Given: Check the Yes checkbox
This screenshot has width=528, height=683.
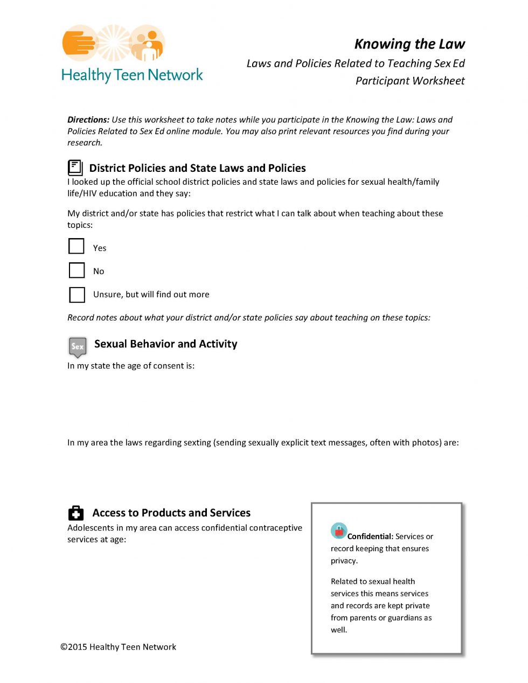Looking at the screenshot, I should tap(77, 246).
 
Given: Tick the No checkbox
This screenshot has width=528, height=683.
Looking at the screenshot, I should tap(77, 270).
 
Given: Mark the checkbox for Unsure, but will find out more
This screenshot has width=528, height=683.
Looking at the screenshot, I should tap(77, 295).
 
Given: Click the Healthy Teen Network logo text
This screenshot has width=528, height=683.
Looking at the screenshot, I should tap(132, 75).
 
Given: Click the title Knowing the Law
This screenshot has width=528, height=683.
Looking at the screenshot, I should tap(409, 44).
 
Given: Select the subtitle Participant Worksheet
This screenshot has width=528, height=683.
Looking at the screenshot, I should tap(410, 81).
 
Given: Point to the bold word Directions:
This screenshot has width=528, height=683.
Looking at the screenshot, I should tap(88, 120).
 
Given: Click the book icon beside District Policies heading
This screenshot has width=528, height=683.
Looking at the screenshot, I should tap(75, 168).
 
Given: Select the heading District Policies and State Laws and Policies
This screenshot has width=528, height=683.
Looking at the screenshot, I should tap(197, 168).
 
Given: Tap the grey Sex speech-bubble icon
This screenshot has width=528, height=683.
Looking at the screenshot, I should tap(78, 346).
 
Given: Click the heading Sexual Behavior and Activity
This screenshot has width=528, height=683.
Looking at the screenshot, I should tap(165, 344).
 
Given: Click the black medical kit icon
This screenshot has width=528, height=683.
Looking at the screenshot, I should tap(76, 513).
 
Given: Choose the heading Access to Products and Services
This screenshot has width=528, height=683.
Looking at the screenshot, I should tap(171, 513).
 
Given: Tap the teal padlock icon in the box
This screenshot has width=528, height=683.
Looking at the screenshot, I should tap(339, 531).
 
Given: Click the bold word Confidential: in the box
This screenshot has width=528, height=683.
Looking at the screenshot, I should tap(370, 536).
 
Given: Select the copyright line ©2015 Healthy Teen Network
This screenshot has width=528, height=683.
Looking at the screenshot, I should tap(119, 647).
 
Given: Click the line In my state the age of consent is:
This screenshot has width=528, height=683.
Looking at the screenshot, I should tap(131, 366).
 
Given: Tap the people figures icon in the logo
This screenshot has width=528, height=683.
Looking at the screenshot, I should tap(148, 43).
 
